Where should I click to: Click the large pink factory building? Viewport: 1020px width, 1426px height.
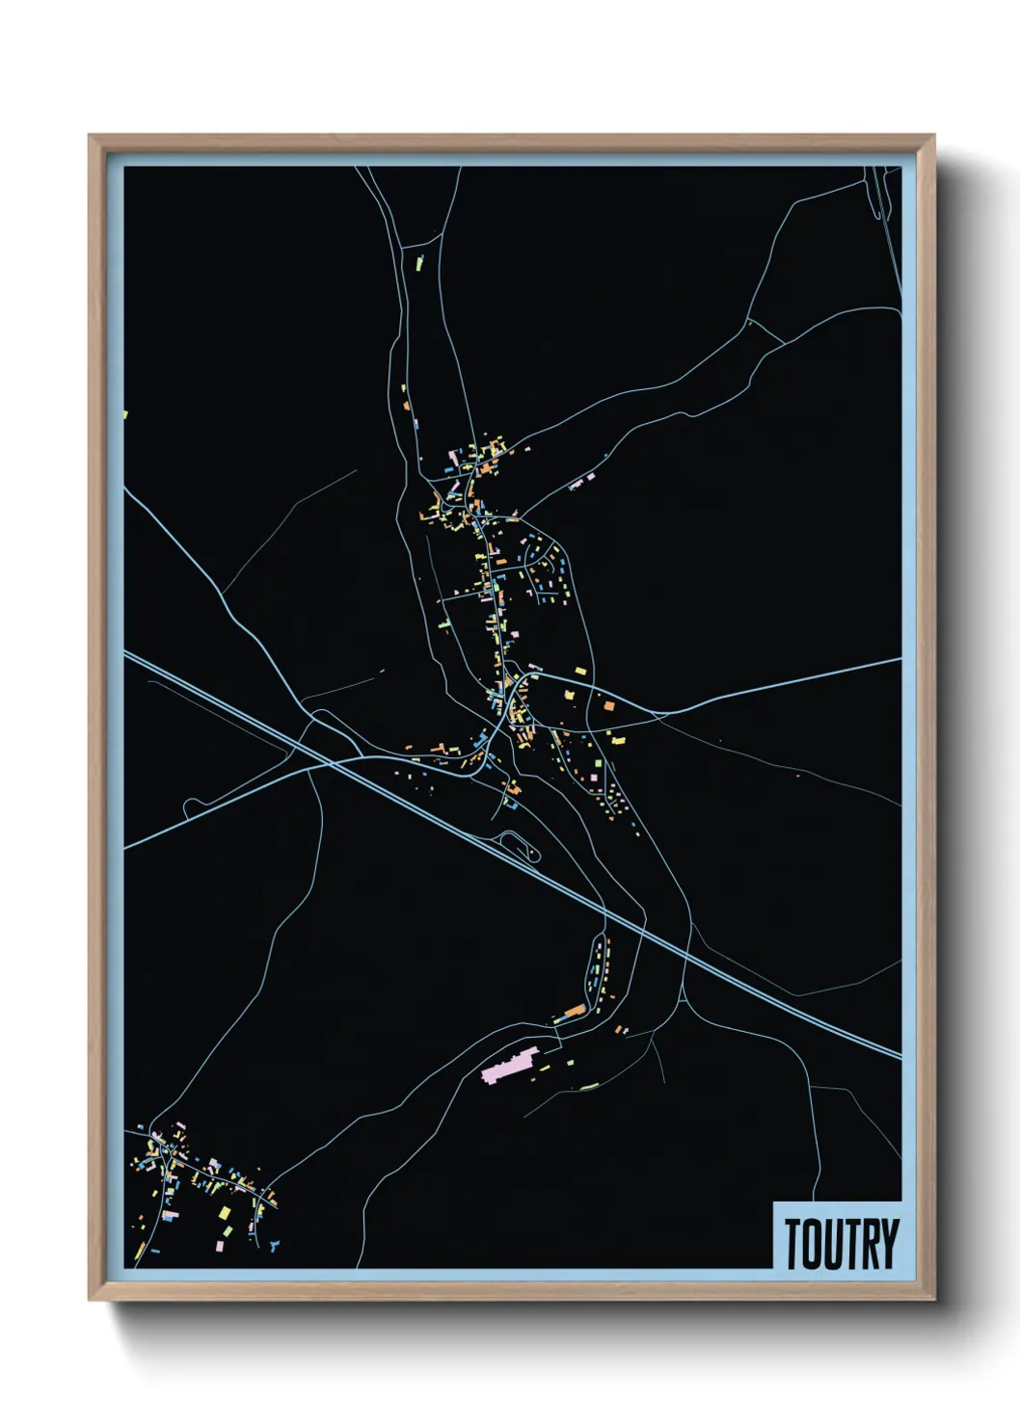pyautogui.click(x=507, y=1068)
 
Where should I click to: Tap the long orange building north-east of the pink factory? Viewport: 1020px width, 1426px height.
pyautogui.click(x=573, y=1012)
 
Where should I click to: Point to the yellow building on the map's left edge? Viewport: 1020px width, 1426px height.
pyautogui.click(x=125, y=415)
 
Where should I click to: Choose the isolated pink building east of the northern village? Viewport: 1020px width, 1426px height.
pyautogui.click(x=577, y=483)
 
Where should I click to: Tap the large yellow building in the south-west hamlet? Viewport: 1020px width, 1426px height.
pyautogui.click(x=226, y=1212)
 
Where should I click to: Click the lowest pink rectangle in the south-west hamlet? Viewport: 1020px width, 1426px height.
pyautogui.click(x=219, y=1246)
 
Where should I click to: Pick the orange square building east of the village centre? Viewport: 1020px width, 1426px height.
pyautogui.click(x=608, y=706)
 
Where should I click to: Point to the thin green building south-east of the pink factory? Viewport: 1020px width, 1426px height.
pyautogui.click(x=589, y=1087)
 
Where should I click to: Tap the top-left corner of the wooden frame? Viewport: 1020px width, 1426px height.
pyautogui.click(x=90, y=136)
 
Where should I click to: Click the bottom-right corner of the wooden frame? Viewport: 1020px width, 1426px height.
pyautogui.click(x=933, y=1301)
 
